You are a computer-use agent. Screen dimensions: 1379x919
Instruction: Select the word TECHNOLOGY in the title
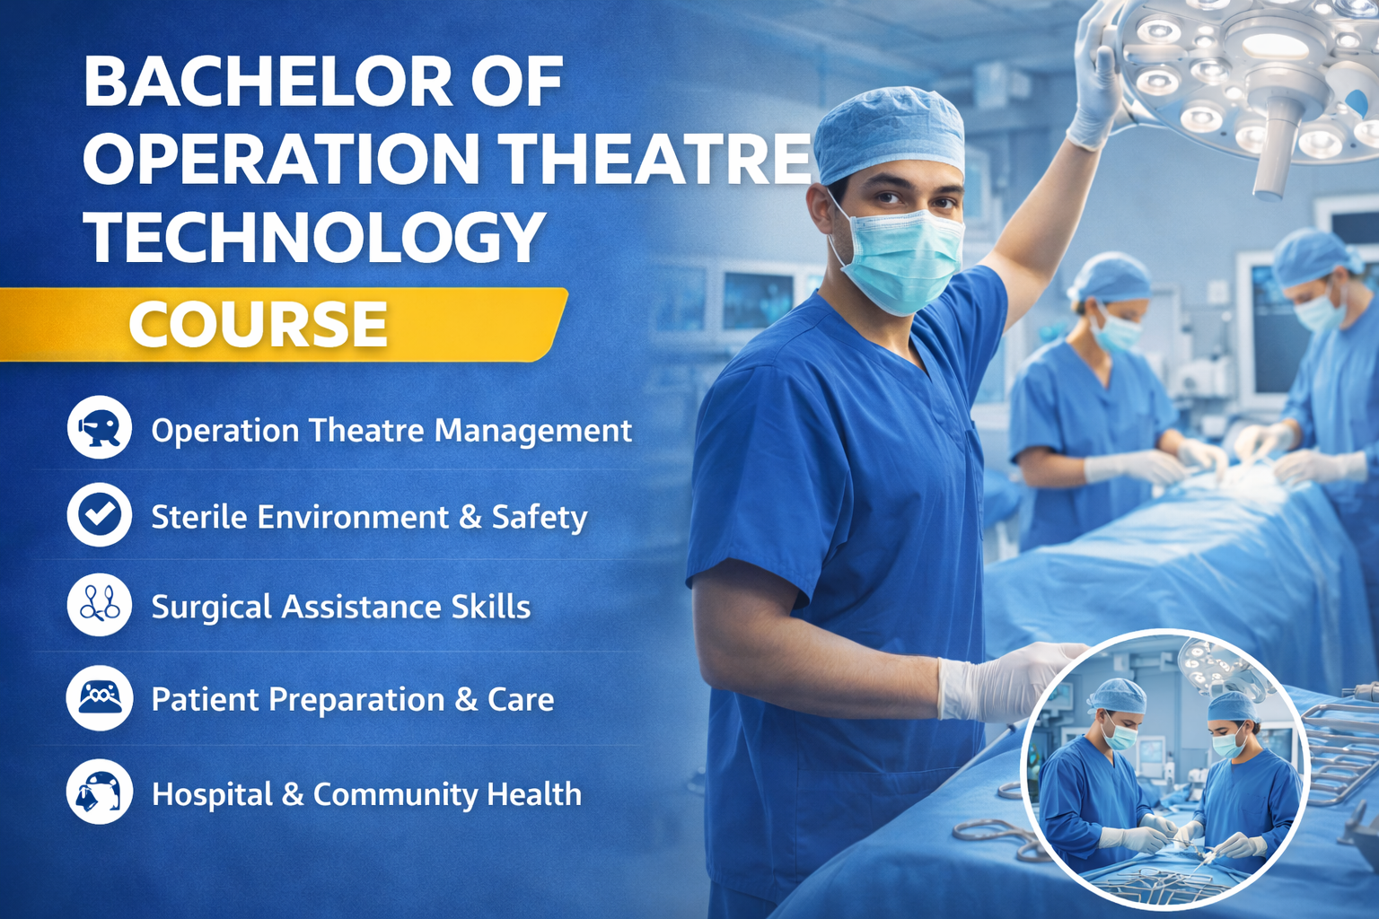click(314, 238)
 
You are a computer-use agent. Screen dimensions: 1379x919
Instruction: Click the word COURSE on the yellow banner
click(259, 324)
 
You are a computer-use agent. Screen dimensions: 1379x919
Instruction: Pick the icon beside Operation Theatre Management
click(99, 428)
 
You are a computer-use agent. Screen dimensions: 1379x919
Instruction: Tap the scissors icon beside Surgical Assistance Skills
click(99, 605)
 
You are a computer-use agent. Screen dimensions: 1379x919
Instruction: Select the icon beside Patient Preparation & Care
click(99, 698)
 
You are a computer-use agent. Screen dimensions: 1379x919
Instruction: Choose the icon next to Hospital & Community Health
click(99, 792)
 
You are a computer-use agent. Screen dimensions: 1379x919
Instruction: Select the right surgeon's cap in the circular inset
click(1233, 706)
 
